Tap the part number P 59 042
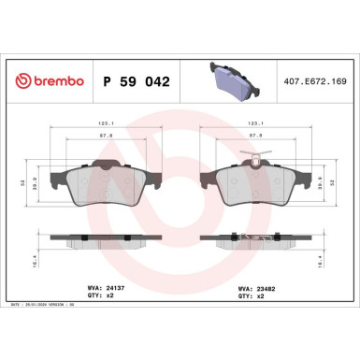point(133,81)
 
